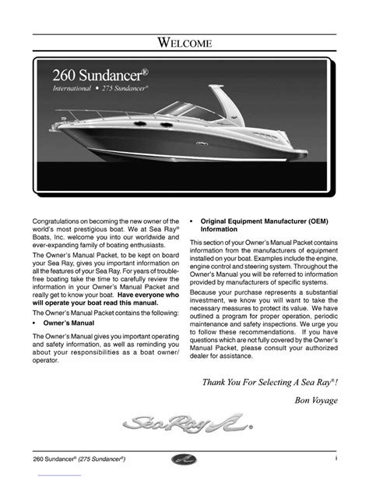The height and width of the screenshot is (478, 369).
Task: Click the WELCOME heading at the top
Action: (184, 43)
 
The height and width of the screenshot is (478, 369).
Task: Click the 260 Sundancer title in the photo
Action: (107, 75)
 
